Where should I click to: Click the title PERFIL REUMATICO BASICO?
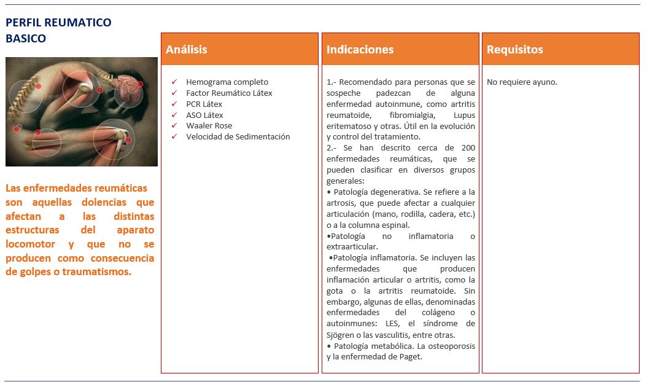58,30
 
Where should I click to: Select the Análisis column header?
187,50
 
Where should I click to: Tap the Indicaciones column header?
360,50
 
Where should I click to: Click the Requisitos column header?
514,50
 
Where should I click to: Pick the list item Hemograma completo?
227,82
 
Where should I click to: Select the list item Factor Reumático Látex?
229,93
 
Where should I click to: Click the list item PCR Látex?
204,104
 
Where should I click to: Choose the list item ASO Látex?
204,115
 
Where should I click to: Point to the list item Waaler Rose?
209,126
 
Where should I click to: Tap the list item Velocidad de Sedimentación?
238,137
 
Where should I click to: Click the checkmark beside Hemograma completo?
174,82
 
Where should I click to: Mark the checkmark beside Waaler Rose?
174,126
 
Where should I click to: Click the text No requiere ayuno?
522,82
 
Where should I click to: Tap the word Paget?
409,357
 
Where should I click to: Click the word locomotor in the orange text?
28,244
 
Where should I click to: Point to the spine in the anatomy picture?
25,98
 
